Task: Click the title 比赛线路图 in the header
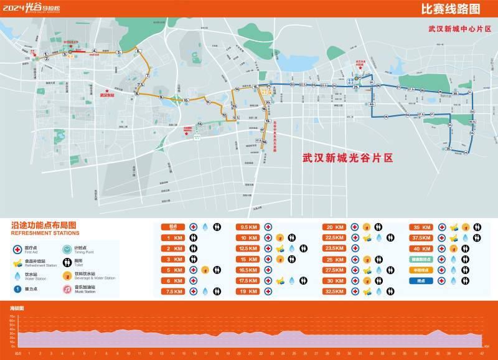[451, 9]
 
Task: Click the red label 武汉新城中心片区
[459, 29]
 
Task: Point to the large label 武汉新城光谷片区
[348, 158]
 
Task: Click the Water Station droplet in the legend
[18, 275]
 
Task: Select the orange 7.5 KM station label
[175, 291]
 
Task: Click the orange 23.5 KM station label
[335, 248]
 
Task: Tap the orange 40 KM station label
[421, 248]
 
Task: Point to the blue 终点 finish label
[421, 280]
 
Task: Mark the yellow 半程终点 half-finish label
[421, 270]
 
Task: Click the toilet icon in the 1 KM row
[194, 237]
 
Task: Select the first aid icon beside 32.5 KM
[355, 291]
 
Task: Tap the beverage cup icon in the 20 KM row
[367, 227]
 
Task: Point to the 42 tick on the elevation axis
[482, 354]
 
